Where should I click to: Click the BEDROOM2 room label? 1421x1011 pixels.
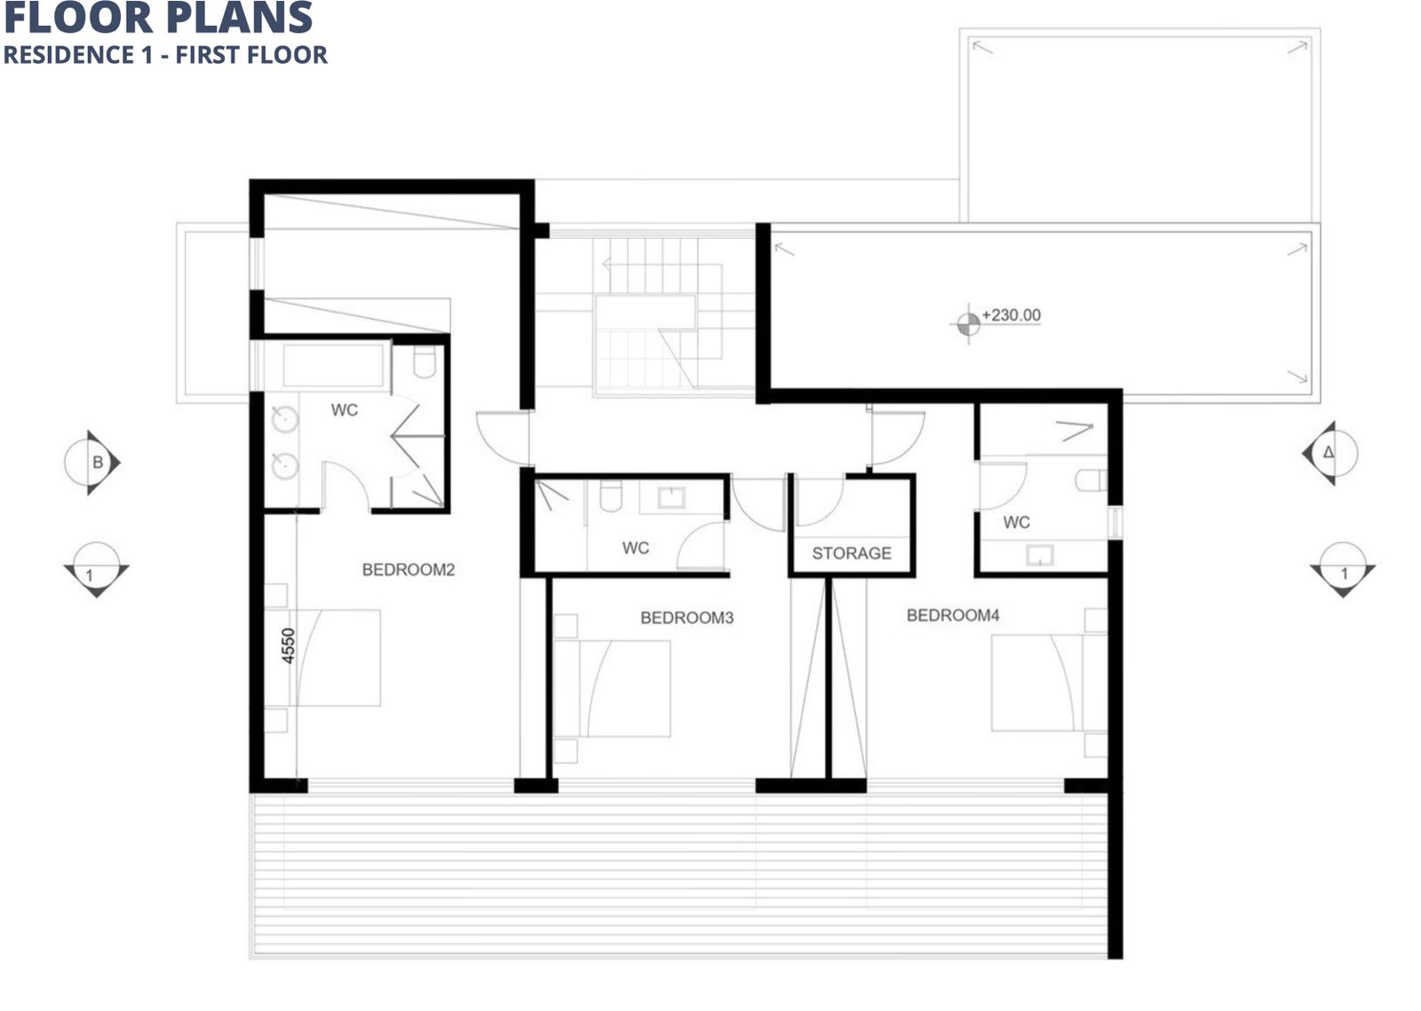409,569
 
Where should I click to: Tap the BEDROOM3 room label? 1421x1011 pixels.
687,617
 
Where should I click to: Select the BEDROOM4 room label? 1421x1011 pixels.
953,615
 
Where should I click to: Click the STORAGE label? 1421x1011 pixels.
852,553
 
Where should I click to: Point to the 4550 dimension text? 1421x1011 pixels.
289,646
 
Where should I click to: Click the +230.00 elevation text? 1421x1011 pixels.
1012,314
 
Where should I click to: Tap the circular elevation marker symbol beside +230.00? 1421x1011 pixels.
968,324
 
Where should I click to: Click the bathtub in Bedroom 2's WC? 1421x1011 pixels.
333,365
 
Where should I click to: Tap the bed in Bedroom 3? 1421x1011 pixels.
612,689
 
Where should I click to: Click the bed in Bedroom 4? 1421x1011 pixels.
1049,683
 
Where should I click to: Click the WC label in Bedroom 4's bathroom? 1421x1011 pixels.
1016,522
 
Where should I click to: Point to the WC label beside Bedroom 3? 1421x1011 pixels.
636,548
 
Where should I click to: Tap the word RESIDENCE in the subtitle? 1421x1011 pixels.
70,54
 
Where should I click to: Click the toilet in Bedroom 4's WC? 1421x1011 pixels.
1092,480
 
